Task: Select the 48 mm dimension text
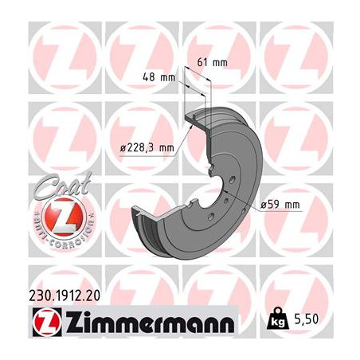[158, 78]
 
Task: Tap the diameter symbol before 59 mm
[264, 205]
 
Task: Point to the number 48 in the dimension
[149, 78]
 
